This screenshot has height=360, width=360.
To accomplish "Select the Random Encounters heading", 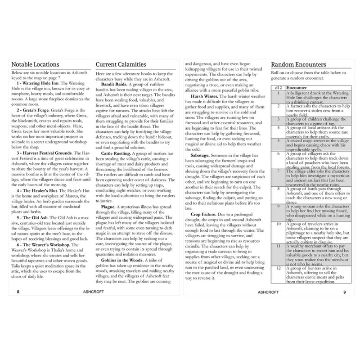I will coord(299,65).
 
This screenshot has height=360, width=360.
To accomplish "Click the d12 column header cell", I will coord(279,88).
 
